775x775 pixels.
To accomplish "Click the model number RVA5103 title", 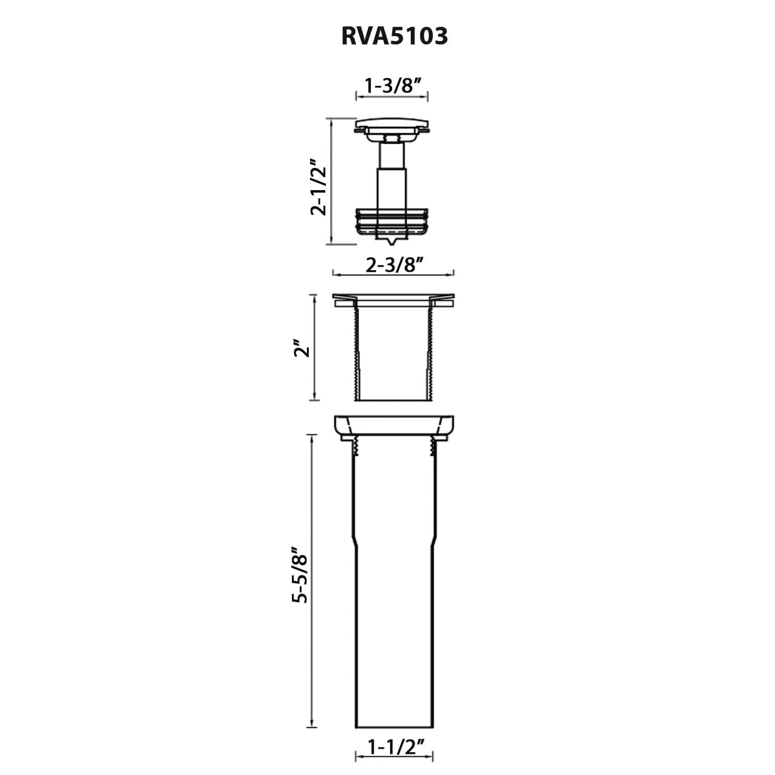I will pyautogui.click(x=394, y=37).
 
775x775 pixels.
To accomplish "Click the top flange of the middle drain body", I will pyautogui.click(x=393, y=300).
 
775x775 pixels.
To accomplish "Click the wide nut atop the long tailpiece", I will pyautogui.click(x=394, y=427).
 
